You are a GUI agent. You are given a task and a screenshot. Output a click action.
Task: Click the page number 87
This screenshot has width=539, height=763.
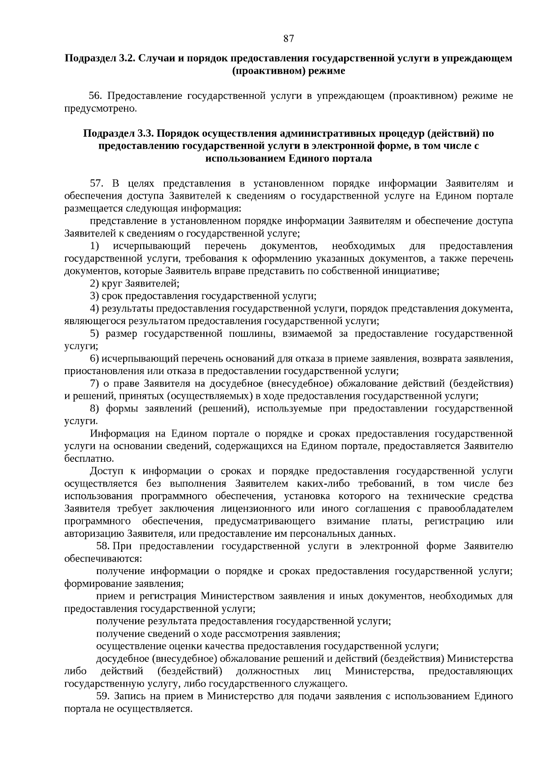288,39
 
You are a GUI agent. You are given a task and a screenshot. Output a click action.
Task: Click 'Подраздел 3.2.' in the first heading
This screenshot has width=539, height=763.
100,58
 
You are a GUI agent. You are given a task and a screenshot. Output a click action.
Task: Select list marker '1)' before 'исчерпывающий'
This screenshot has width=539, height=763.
94,246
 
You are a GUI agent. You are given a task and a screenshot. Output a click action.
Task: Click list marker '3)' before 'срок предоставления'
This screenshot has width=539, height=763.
94,296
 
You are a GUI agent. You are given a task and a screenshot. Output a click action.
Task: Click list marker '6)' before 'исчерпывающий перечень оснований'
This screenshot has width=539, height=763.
94,359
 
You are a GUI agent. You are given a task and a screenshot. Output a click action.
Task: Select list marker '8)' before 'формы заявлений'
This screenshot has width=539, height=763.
94,409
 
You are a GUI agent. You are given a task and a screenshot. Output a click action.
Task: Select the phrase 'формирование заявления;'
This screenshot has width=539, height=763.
124,584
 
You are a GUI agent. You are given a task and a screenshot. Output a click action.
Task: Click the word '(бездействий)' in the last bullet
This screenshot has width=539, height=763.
190,672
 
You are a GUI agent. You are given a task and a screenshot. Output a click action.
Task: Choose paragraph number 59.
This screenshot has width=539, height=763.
103,696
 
